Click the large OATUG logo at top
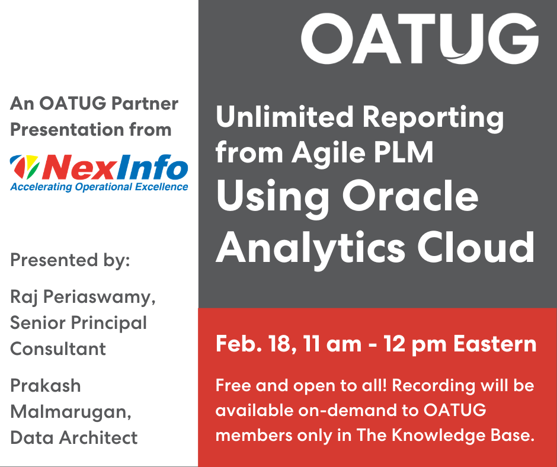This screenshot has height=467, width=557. point(420,39)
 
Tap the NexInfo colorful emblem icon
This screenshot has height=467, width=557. point(24,167)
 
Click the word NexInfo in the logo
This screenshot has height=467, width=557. point(115,167)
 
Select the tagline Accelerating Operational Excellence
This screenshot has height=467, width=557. point(99,187)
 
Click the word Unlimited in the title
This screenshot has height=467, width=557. point(284,117)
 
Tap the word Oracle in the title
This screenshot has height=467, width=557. point(410,196)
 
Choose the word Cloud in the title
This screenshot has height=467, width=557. point(476,247)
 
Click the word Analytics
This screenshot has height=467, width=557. point(310,249)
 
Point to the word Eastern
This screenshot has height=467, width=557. point(495,344)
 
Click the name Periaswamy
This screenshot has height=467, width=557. point(99,298)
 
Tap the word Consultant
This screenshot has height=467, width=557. point(58,348)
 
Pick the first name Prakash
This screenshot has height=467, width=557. point(46,386)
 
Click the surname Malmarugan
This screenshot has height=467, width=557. point(71,412)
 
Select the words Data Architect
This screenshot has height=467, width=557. point(74,437)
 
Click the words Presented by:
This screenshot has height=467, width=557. point(70,261)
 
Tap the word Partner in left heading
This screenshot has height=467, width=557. point(145,104)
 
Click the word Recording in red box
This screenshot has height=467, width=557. point(433,386)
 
